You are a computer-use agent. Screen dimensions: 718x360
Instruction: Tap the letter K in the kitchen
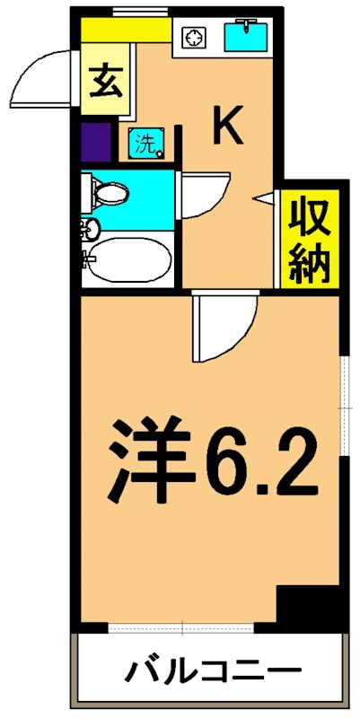(227, 127)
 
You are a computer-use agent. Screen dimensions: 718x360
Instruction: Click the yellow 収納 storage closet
(310, 240)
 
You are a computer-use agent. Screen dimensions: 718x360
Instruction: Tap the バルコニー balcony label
(211, 671)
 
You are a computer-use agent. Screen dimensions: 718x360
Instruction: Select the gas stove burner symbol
(194, 38)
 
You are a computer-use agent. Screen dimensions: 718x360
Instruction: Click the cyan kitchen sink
(244, 38)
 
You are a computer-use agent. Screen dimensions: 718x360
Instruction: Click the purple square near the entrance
(95, 142)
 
